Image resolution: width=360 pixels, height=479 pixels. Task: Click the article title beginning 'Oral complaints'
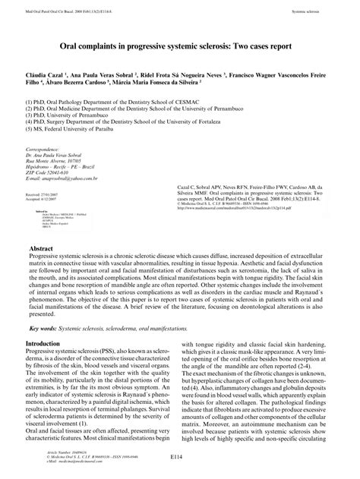coord(179,46)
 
